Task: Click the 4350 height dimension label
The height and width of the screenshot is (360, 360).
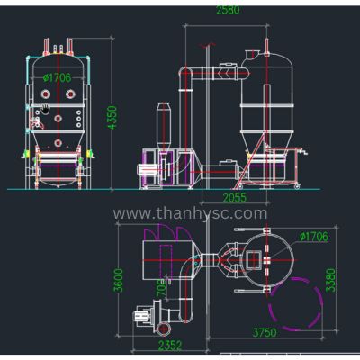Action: (x=112, y=117)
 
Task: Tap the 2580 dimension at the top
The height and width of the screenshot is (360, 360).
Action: (x=228, y=10)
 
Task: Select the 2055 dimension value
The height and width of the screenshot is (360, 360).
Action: (x=235, y=198)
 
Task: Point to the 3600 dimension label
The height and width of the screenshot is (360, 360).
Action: (x=119, y=280)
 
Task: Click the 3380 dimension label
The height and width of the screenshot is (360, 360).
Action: (x=330, y=280)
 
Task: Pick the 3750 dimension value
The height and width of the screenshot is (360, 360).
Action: (x=265, y=332)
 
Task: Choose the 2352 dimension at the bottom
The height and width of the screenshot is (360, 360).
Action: (x=170, y=346)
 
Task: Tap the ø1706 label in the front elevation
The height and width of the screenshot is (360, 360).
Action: (x=57, y=78)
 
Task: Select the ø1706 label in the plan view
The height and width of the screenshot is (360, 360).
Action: (x=314, y=237)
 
